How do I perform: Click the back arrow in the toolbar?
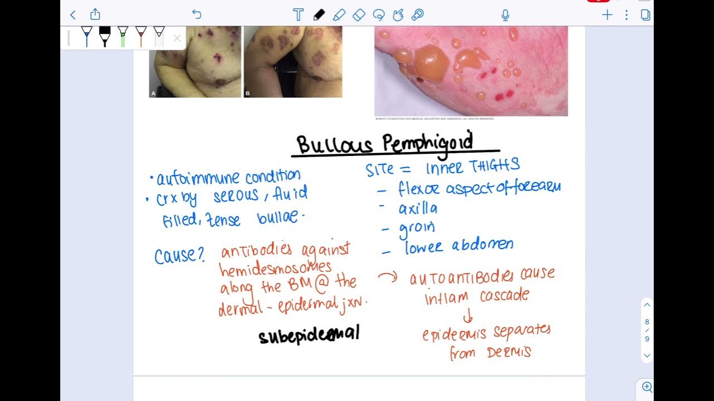[x=73, y=14]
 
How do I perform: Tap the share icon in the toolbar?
[x=95, y=14]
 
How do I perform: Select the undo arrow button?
[x=196, y=14]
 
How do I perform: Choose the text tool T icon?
[x=298, y=15]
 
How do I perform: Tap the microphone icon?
[x=505, y=15]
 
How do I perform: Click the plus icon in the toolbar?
[x=607, y=15]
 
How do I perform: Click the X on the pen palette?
[x=177, y=38]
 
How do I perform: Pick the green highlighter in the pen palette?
[x=123, y=36]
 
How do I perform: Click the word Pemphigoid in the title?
[x=428, y=143]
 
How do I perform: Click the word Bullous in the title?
[x=334, y=145]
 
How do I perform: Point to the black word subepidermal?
[x=309, y=335]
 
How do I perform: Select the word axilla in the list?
[x=418, y=209]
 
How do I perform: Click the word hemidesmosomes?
[x=276, y=270]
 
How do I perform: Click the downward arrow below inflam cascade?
[x=468, y=316]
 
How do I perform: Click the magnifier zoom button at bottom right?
[x=647, y=387]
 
